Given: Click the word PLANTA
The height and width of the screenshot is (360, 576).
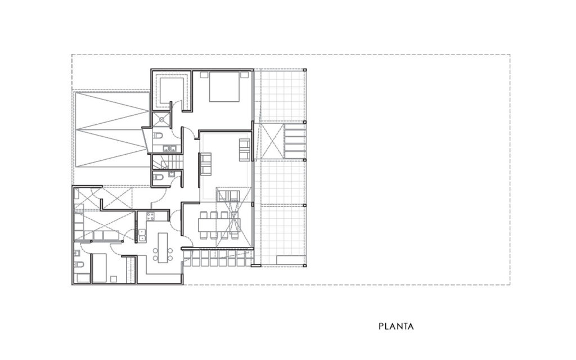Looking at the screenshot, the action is tap(396, 326).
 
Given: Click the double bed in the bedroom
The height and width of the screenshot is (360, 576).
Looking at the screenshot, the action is tap(224, 87).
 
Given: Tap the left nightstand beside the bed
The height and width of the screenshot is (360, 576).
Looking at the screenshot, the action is tap(204, 75).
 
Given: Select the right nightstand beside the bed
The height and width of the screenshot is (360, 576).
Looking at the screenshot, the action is tap(244, 75).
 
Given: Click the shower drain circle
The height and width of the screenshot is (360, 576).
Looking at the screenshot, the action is tap(161, 119).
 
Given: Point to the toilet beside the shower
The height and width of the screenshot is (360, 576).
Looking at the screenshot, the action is tap(157, 136).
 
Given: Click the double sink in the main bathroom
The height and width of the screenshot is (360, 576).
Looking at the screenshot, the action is tap(170, 148).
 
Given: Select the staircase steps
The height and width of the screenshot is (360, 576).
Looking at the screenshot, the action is tap(168, 162).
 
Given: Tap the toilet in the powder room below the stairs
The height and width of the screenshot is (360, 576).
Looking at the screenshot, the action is tap(158, 177).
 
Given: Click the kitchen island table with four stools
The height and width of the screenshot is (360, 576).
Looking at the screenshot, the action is tap(163, 247).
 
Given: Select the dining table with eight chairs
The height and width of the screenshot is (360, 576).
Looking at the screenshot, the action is tap(219, 225).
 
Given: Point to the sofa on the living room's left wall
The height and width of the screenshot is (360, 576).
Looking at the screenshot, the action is tap(206, 164).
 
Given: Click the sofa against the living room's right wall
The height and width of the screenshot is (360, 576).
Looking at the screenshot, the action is tap(245, 150).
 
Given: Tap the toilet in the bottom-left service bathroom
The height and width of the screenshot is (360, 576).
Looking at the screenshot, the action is tap(79, 264).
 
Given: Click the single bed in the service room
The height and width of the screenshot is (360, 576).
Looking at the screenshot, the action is tap(99, 268).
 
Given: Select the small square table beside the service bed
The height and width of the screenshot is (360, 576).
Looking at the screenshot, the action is tap(114, 279).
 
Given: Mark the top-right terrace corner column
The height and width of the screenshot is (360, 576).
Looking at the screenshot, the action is tap(305, 70).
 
